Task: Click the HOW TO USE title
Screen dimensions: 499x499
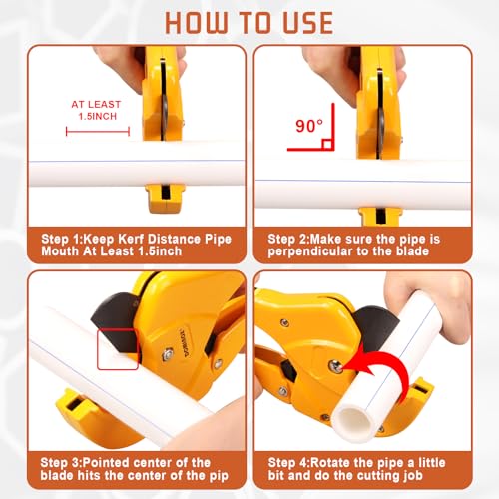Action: (249, 22)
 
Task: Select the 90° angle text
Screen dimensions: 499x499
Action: (306, 127)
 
